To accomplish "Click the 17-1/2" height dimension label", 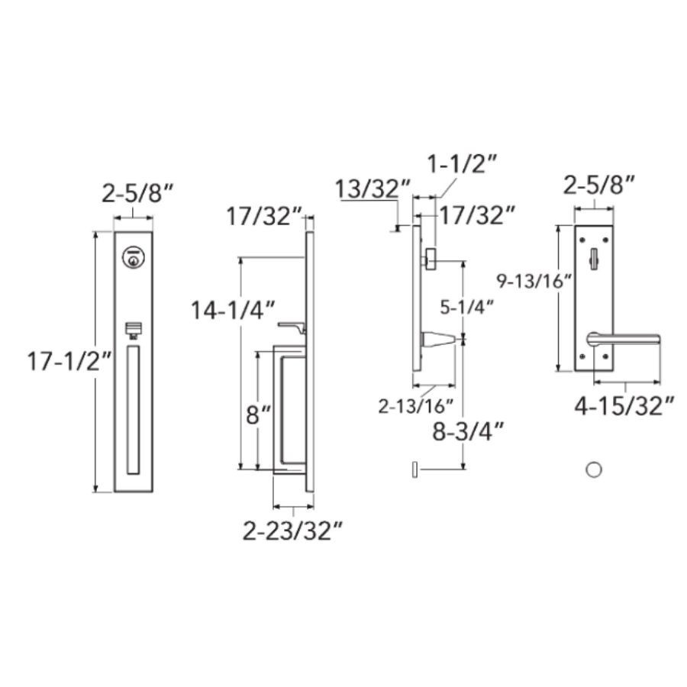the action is (x=69, y=362).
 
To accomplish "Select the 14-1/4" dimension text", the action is (x=233, y=311).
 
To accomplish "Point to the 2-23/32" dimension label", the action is (x=292, y=531).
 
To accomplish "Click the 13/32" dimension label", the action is (x=373, y=189).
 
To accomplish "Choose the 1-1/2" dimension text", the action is (x=462, y=165).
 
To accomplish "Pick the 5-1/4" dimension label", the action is (x=467, y=308).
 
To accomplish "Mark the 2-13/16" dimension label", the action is (x=416, y=407).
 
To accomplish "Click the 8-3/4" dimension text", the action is (x=468, y=431).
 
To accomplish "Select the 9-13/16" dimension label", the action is (x=534, y=280).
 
